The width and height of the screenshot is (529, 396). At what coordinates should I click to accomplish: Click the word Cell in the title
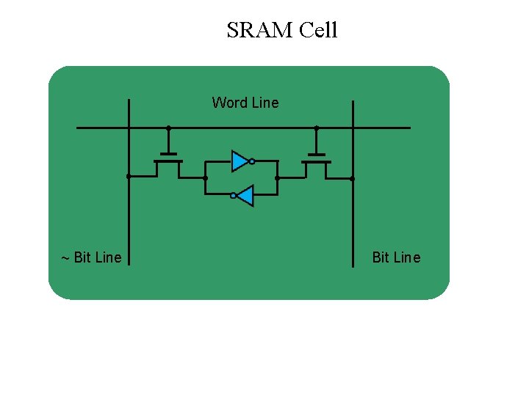(x=319, y=30)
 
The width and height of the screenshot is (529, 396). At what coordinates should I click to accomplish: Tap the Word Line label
(x=245, y=103)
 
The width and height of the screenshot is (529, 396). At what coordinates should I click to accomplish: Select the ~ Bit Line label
(x=91, y=257)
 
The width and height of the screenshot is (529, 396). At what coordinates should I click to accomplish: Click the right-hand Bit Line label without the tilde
(x=396, y=257)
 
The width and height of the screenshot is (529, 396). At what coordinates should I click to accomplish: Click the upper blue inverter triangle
(x=240, y=161)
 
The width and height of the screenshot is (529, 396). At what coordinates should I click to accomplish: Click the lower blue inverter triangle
(x=245, y=196)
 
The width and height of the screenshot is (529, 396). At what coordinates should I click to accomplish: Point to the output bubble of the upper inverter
(x=251, y=161)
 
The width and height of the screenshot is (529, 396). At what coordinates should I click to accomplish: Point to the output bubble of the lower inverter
(x=233, y=196)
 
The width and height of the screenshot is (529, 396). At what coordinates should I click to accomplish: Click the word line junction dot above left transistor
(x=168, y=128)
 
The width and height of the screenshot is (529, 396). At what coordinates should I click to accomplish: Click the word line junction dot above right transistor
(x=317, y=128)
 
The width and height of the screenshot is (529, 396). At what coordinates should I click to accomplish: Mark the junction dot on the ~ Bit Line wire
(x=129, y=177)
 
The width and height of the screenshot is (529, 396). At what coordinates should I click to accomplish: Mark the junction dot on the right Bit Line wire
(x=353, y=178)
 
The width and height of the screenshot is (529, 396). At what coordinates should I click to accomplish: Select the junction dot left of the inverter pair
(x=205, y=177)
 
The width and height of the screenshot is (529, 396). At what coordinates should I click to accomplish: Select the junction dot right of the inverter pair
(x=277, y=177)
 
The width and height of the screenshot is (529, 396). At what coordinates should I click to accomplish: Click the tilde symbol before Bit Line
(x=65, y=258)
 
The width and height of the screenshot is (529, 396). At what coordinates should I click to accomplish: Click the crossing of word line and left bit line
(x=129, y=128)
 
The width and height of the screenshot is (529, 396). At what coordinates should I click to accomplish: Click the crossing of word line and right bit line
(x=353, y=128)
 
